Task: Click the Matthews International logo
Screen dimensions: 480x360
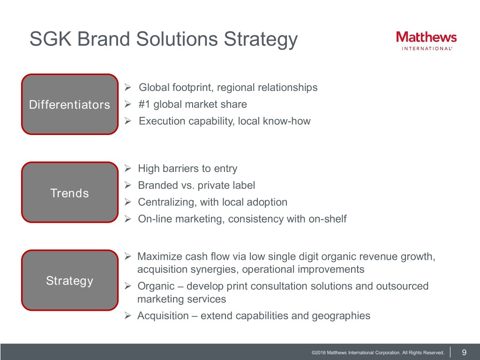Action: [426, 41]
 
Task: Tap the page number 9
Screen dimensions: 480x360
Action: [464, 352]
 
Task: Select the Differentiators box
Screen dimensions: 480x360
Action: [70, 104]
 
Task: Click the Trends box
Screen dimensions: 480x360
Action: [70, 192]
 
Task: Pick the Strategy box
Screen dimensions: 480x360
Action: [70, 280]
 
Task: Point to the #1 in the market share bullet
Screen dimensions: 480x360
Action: [144, 104]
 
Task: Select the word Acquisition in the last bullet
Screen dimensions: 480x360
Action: [163, 315]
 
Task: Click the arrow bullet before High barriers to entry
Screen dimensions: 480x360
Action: [128, 168]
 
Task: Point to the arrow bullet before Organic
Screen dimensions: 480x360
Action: [128, 285]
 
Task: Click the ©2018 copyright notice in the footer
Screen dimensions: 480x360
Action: [378, 352]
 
